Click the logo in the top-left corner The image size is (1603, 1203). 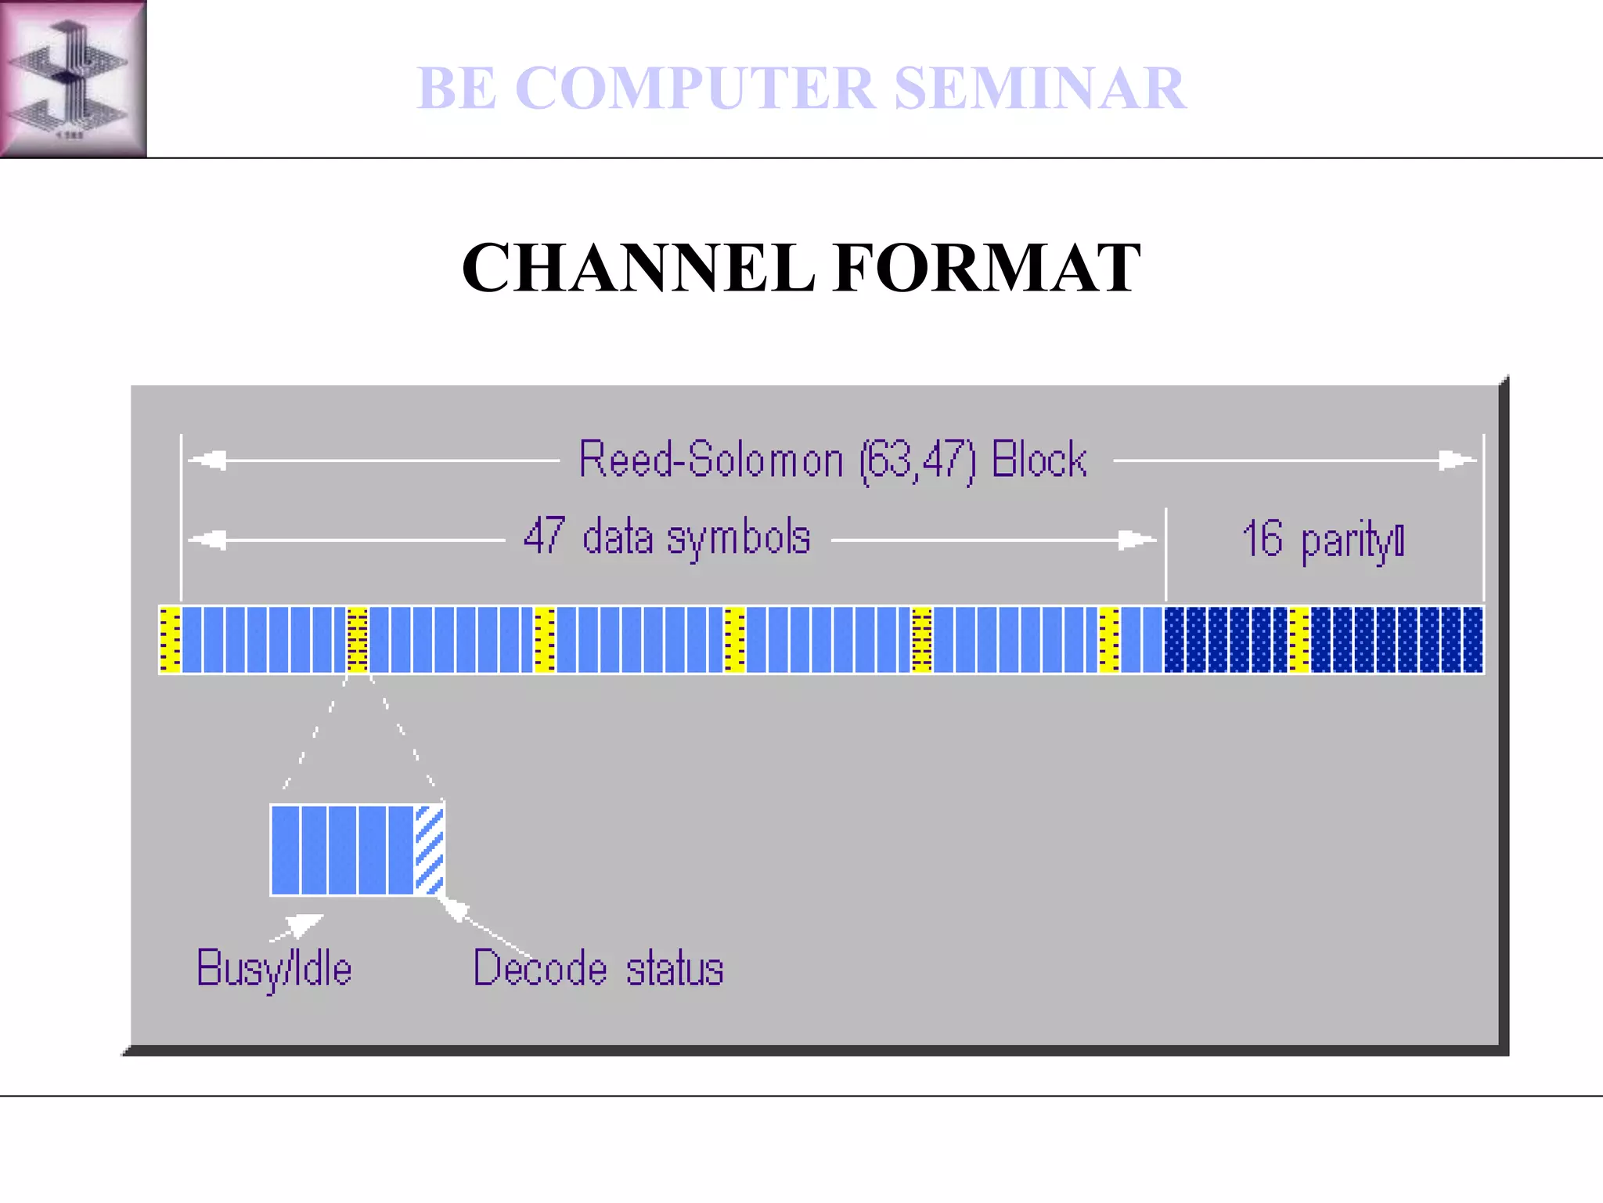pyautogui.click(x=73, y=78)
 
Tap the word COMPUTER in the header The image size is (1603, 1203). pyautogui.click(x=694, y=88)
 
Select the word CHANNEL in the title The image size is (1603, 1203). pyautogui.click(x=638, y=268)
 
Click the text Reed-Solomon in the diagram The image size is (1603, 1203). pyautogui.click(x=711, y=460)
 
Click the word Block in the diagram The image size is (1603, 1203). pyautogui.click(x=1039, y=460)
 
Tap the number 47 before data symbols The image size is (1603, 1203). pyautogui.click(x=544, y=536)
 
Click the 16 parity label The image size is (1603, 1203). pyautogui.click(x=1323, y=540)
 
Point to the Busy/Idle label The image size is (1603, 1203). pyautogui.click(x=274, y=970)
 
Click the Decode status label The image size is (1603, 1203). pyautogui.click(x=598, y=970)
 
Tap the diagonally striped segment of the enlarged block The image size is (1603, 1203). pyautogui.click(x=429, y=850)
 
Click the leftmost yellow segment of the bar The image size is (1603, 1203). pyautogui.click(x=170, y=639)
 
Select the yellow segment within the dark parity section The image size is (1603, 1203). pyautogui.click(x=1299, y=639)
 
